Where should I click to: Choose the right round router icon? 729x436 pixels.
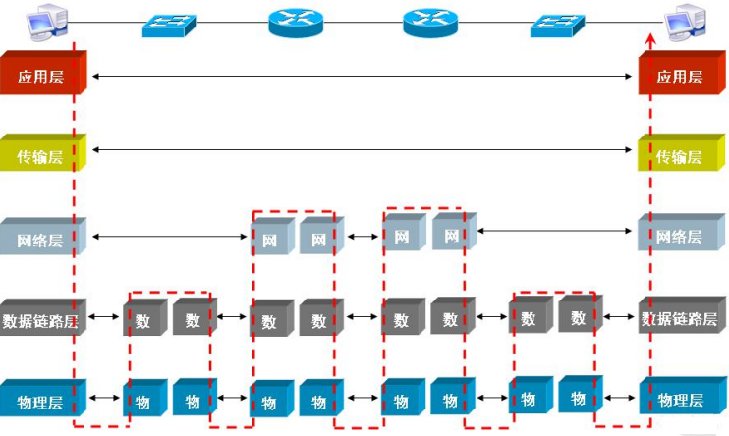pos(429,22)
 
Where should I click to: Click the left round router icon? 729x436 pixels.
pos(296,22)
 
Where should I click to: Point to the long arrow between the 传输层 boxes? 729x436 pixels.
pos(364,150)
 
